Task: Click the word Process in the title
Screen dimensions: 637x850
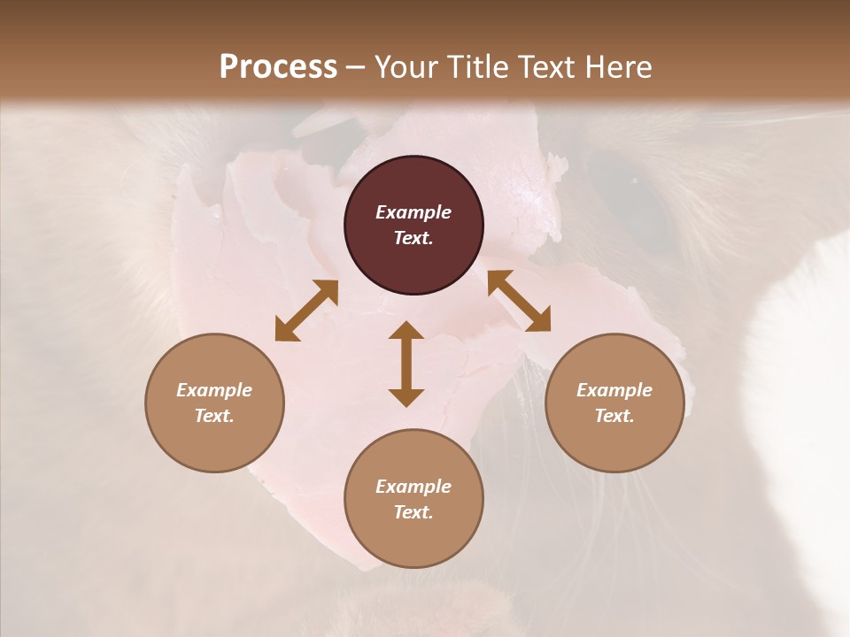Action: coord(278,67)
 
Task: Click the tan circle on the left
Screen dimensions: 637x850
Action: coord(214,403)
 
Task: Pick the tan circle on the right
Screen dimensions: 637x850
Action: coord(614,403)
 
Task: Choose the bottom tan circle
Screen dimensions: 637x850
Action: coord(413,498)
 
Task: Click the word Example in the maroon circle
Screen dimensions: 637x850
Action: coord(413,212)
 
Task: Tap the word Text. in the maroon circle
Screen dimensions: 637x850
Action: coord(413,238)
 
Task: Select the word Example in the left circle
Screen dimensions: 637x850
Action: coord(214,390)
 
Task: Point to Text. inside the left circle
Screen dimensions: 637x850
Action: coord(214,416)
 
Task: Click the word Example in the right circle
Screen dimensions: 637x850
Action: coord(614,390)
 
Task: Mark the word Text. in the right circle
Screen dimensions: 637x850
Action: coord(614,416)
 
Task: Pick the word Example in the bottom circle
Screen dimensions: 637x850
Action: coord(413,487)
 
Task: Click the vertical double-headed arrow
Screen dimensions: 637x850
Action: coord(406,365)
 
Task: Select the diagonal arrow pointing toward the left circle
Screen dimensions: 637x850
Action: coord(306,311)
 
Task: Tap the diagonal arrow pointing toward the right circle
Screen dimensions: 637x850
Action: coord(519,302)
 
